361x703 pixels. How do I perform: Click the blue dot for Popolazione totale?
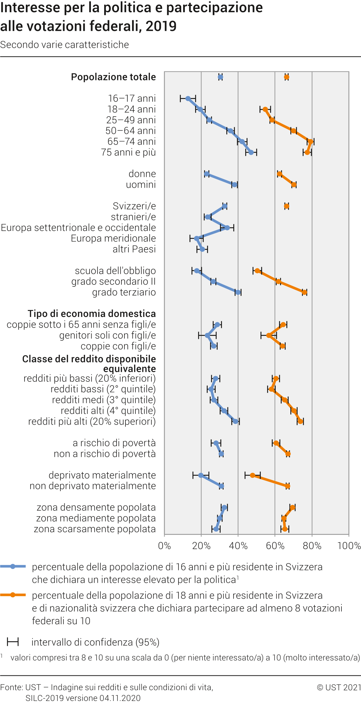click(220, 77)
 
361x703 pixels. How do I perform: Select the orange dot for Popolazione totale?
click(287, 77)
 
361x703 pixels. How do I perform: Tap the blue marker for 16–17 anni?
click(188, 99)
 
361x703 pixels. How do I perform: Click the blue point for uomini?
click(235, 185)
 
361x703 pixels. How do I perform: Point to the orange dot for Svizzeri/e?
click(287, 206)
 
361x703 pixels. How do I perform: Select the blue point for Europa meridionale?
click(196, 239)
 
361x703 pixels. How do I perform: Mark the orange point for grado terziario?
click(304, 292)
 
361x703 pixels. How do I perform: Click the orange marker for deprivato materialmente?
click(253, 475)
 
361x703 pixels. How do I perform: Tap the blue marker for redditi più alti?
click(235, 422)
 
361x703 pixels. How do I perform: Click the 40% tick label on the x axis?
click(238, 546)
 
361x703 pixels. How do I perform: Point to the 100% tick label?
click(349, 546)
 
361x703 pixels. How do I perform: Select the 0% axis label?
click(165, 546)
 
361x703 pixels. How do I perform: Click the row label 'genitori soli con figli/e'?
click(108, 336)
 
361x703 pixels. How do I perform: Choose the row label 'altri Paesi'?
click(134, 249)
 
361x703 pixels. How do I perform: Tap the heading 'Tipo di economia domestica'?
click(92, 314)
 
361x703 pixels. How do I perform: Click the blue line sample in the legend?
click(13, 567)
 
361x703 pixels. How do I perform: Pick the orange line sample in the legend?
click(13, 595)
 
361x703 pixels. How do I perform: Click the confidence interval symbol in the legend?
click(13, 642)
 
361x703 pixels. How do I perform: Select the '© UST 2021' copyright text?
click(338, 687)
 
